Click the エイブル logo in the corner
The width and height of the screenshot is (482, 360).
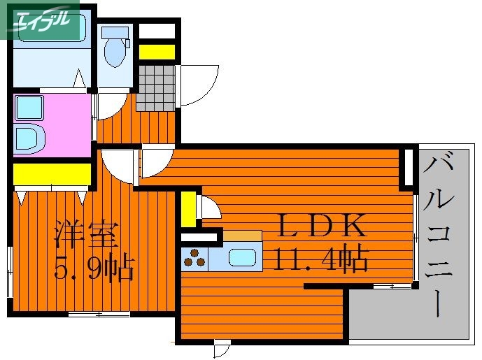[x=40, y=20]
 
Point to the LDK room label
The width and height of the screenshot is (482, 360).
[x=321, y=226]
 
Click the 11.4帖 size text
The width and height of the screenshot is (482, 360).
[x=321, y=260]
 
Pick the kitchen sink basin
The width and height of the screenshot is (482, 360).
[x=243, y=257]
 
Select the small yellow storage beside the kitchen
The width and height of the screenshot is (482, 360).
[x=188, y=209]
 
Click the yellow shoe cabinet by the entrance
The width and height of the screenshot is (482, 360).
[x=157, y=50]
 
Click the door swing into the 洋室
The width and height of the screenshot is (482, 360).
[x=116, y=165]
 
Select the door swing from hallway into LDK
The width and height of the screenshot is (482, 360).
[x=155, y=163]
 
